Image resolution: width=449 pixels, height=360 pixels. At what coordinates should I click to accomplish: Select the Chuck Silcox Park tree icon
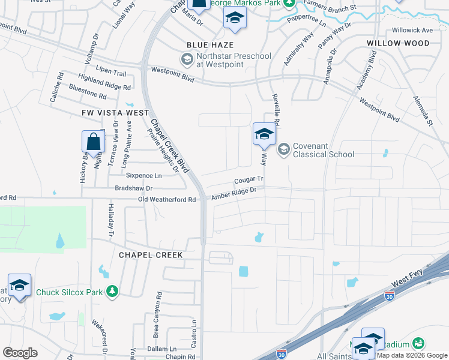pos(112,292)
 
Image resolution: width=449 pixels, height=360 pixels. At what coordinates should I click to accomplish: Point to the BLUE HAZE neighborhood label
pos(210,45)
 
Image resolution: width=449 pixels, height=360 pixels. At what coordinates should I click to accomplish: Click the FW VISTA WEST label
pos(116,113)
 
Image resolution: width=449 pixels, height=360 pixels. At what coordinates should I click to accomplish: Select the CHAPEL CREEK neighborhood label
pos(151,255)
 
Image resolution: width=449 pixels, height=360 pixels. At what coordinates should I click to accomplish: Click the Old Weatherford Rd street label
pos(167,199)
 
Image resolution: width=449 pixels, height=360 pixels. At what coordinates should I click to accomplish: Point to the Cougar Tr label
pos(249,179)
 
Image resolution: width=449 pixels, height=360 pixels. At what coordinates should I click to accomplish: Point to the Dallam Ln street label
pos(160,349)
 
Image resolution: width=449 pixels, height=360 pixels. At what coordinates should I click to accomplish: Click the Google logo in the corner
pos(20,353)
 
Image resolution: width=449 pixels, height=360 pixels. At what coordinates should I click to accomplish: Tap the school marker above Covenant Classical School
pos(264,134)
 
